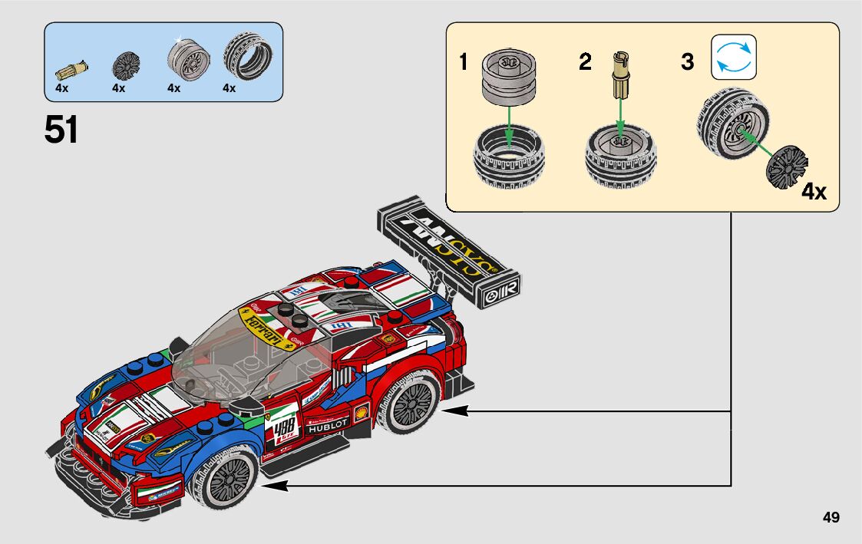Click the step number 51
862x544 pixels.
(61, 130)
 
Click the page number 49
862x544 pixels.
(831, 517)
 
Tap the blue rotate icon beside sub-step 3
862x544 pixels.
(734, 57)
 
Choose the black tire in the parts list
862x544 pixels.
(247, 58)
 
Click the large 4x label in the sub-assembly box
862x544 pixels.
(814, 191)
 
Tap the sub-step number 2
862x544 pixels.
(585, 62)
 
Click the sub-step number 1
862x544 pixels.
(463, 62)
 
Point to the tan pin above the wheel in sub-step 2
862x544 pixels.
(619, 74)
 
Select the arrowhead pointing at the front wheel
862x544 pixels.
(272, 485)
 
